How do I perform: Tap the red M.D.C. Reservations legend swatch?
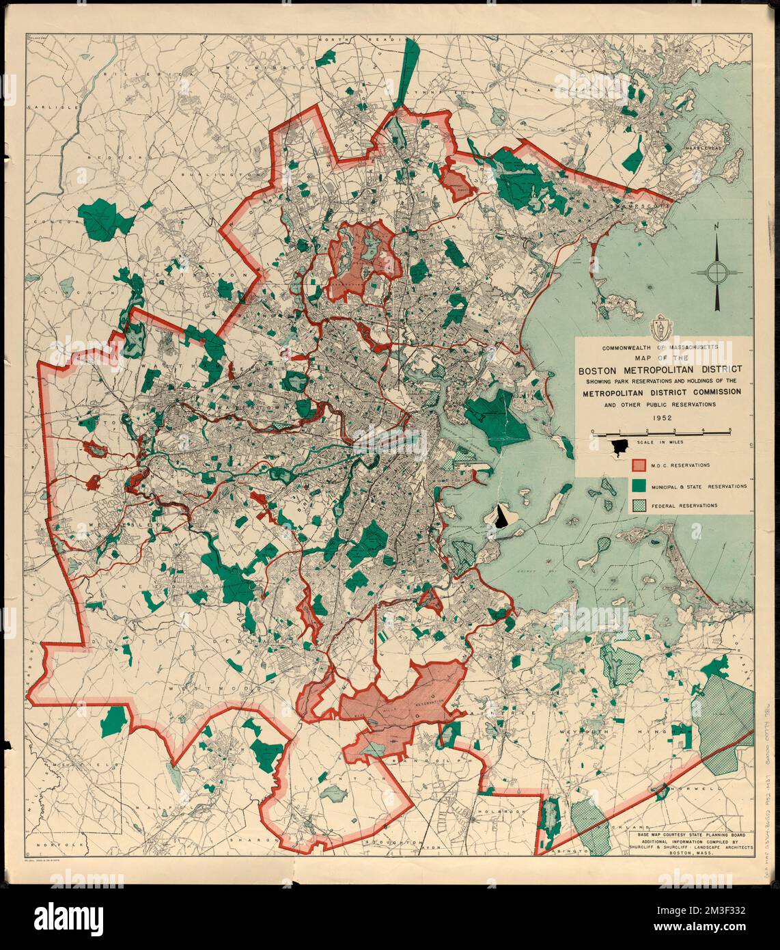[x=638, y=465]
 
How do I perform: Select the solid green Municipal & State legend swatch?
[x=638, y=486]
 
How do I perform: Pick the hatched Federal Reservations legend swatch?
[x=638, y=506]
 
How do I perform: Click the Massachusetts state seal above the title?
[x=660, y=329]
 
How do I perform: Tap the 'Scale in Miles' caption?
[x=658, y=443]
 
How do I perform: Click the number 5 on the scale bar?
[x=731, y=429]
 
